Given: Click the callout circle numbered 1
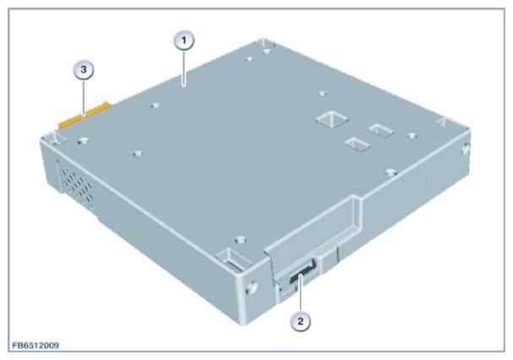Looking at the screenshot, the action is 183,41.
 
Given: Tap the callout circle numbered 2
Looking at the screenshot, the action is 300,321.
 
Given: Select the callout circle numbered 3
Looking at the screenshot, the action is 84,69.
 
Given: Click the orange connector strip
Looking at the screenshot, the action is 85,115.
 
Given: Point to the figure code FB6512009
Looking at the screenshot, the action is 35,346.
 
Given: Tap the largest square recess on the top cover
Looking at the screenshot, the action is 332,119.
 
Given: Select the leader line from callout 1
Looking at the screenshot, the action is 184,68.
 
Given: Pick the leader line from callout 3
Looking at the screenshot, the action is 84,97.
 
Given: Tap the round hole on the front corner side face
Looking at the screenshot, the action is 252,287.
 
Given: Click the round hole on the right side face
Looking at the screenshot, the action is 465,150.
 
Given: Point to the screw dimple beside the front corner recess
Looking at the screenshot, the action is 241,240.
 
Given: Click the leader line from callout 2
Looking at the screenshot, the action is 300,293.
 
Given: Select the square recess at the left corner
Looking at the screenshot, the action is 57,139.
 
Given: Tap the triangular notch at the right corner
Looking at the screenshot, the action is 441,122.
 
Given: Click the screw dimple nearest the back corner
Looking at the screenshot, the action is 267,52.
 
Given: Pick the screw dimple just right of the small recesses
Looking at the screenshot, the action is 413,136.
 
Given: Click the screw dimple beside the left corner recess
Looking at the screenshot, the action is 83,141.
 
